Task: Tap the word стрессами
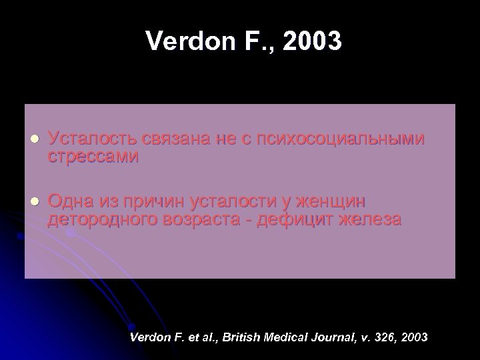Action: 93,157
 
